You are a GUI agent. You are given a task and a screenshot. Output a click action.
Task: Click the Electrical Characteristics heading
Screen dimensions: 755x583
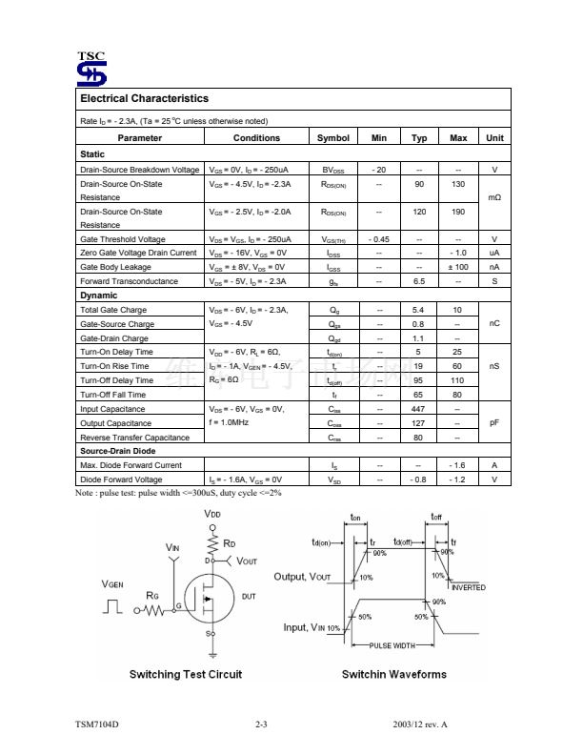coord(144,98)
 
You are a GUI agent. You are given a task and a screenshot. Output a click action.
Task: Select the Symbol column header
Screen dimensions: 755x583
coord(333,138)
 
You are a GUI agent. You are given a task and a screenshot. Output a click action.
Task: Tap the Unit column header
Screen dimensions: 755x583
coord(494,138)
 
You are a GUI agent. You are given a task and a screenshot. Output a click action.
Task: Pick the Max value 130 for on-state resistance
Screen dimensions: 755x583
coord(458,183)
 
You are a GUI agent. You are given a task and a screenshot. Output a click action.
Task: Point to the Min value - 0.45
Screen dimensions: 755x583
coord(379,239)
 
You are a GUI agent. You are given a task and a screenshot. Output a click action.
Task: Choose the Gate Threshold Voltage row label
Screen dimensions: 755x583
coord(123,239)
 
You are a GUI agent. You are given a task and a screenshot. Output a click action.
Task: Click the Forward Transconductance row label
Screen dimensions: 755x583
coord(129,281)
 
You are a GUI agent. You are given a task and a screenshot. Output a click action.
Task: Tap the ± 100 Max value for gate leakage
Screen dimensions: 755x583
coord(458,267)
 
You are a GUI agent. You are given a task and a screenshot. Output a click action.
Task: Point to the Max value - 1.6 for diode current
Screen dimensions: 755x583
coord(458,465)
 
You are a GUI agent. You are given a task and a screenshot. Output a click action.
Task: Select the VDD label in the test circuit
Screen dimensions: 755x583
coord(212,515)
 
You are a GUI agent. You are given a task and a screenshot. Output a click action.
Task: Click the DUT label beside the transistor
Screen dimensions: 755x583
coord(249,596)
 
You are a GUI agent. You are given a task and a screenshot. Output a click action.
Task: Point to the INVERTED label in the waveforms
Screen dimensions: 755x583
coord(469,588)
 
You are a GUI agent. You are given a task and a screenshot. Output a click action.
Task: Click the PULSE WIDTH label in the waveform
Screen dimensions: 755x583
coord(391,646)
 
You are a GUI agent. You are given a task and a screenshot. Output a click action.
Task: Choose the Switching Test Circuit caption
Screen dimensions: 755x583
coord(186,675)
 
